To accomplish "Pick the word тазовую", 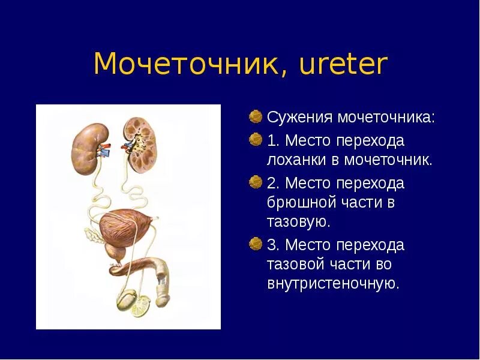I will click(298, 221).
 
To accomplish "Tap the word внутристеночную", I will click(333, 283).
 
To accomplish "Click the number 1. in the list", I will click(273, 140).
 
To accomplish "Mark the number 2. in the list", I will click(273, 183).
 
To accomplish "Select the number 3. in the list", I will click(273, 245).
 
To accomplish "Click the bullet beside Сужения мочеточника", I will click(256, 115).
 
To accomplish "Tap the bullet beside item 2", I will click(256, 182).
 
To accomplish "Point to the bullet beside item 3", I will click(256, 244).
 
